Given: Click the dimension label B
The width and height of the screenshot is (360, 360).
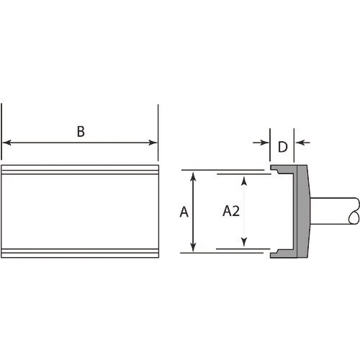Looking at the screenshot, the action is tap(81, 131).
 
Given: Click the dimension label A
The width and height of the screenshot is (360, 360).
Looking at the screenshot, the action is tap(184, 212).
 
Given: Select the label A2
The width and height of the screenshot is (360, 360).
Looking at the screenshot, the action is tap(231, 211).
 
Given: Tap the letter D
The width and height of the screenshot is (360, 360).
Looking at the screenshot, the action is tap(283, 147).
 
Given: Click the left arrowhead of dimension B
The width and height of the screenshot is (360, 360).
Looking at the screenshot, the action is tap(6, 143).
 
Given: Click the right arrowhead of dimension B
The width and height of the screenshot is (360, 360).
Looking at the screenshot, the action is tap(153, 143).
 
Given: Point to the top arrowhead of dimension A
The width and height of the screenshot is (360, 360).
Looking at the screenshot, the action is tap(193, 176).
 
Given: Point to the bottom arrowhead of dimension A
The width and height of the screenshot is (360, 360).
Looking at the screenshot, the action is tap(193, 247).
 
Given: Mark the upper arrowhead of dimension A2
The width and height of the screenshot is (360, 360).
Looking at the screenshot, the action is tap(244, 181).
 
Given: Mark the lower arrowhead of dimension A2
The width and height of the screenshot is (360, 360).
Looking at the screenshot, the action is tap(244, 242).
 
